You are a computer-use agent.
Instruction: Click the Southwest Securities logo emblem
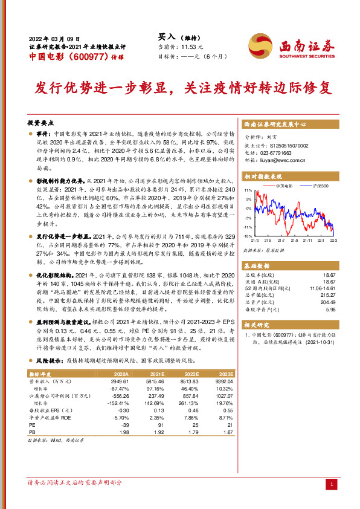tap(259, 44)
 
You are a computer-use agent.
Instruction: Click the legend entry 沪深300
tap(321, 187)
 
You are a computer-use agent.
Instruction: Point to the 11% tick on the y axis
tap(248, 190)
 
